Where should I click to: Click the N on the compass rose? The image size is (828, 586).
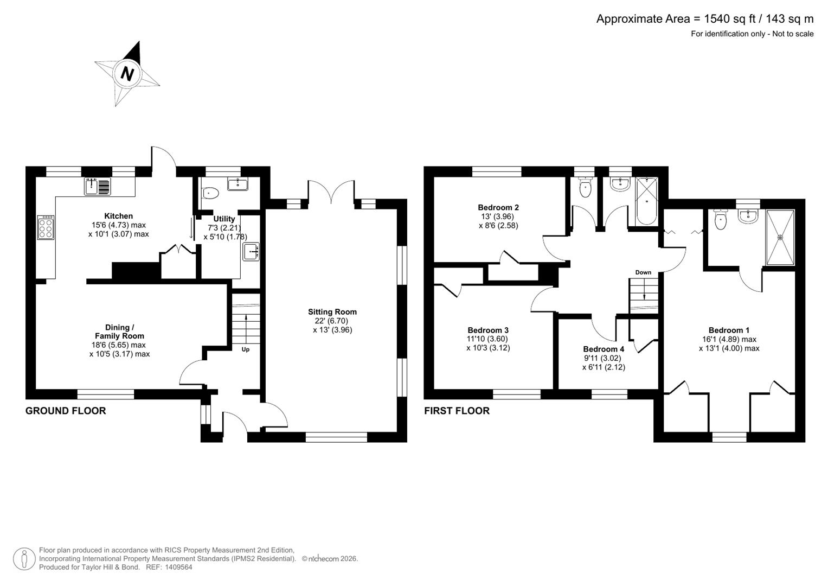coord(127,73)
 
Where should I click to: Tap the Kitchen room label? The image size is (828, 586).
coord(118,216)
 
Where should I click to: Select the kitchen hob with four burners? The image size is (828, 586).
coord(46,228)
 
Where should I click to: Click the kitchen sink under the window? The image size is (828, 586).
coord(98,187)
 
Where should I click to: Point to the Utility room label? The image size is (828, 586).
coord(224,219)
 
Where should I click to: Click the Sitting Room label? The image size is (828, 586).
coord(332,311)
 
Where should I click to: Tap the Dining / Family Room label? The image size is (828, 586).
coord(119,332)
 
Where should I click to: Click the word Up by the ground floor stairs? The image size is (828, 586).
coord(245,349)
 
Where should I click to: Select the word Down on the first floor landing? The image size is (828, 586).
coord(643,272)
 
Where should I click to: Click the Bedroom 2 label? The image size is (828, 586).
coord(498,207)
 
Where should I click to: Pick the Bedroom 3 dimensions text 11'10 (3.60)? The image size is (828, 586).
coord(488,339)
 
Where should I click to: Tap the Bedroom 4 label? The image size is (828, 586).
coord(603,349)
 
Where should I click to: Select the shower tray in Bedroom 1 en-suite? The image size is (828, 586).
coord(780,237)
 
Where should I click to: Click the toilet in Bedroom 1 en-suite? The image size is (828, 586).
coord(721,220)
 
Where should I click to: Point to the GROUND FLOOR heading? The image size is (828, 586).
coord(66,411)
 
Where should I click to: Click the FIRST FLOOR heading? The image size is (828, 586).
coord(457,411)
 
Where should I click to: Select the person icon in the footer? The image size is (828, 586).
coord(24,558)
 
